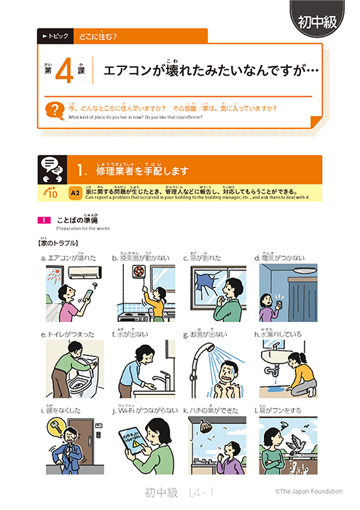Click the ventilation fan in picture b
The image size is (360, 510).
pos(136,272)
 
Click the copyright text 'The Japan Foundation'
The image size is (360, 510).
pos(307,493)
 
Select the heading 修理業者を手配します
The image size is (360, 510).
pos(142,171)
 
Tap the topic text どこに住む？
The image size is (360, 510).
pos(98,36)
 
